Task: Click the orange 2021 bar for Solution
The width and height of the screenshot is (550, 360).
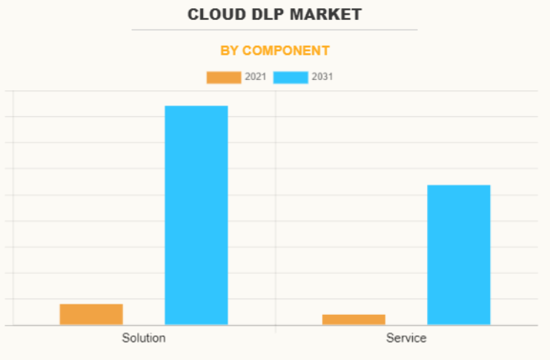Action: click(91, 314)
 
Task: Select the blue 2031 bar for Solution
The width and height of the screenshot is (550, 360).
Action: click(196, 216)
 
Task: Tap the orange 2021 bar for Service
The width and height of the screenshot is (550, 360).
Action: click(354, 320)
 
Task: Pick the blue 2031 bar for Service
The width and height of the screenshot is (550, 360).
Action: click(458, 255)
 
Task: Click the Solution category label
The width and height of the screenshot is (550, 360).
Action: click(144, 338)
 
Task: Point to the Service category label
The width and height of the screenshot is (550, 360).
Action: click(406, 338)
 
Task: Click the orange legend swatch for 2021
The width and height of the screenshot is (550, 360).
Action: click(224, 78)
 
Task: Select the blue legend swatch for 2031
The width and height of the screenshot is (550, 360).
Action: click(291, 78)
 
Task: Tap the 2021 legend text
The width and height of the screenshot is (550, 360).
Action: click(255, 77)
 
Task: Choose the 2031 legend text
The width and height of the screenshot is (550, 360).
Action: click(322, 77)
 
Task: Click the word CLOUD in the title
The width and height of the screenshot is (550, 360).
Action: click(216, 15)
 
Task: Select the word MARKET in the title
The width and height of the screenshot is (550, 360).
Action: click(325, 15)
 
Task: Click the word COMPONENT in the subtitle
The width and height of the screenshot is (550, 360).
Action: click(286, 51)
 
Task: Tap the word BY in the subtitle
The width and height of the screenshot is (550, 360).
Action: click(229, 51)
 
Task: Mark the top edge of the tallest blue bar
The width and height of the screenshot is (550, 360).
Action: click(196, 106)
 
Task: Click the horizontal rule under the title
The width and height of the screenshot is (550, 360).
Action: click(275, 30)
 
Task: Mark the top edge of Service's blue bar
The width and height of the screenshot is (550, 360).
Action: click(458, 185)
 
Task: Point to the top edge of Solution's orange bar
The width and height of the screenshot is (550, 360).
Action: click(91, 304)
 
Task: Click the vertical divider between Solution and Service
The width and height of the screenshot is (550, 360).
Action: click(276, 211)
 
